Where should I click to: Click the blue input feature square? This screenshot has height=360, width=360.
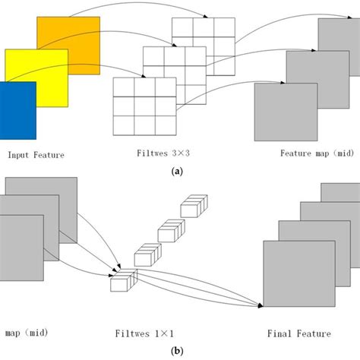pos(17,111)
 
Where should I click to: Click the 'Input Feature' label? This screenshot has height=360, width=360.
pos(36,155)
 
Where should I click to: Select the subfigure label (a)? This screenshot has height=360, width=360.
pos(178,172)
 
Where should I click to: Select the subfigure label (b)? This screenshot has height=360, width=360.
pos(178,352)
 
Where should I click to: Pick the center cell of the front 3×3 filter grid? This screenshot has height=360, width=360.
pos(144,106)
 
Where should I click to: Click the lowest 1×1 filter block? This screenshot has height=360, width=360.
pos(122,282)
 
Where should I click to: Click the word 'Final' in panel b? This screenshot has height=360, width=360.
pos(280,333)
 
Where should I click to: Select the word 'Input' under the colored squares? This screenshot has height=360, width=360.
pos(20,155)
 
